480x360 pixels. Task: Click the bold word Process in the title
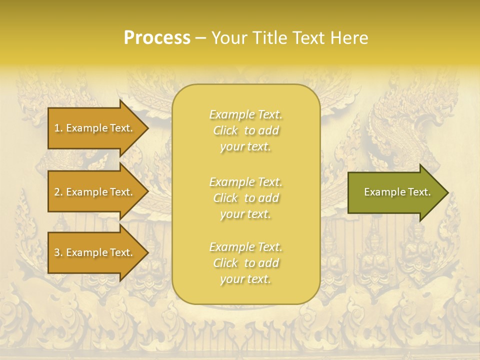pos(157,38)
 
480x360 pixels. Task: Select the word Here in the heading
pos(348,38)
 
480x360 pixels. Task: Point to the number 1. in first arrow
pos(58,128)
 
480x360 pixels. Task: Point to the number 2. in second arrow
pos(58,192)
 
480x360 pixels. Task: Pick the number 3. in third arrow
pos(58,252)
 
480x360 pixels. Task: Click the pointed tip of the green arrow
pos(446,192)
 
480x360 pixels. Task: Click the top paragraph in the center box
pos(245,130)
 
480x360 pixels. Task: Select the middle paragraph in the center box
pos(245,198)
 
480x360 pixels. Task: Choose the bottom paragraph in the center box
pos(245,263)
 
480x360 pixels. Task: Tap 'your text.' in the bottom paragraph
pos(245,279)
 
